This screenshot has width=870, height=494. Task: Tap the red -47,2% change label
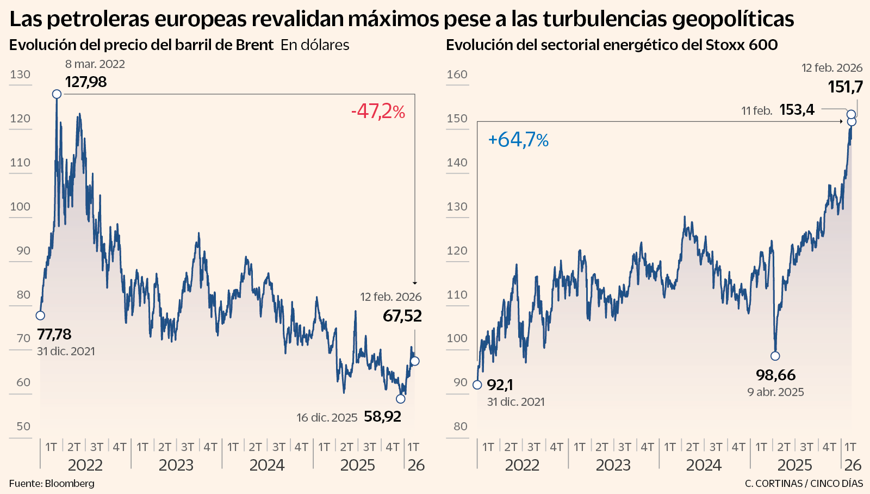point(378,112)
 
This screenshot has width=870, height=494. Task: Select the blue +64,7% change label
point(518,140)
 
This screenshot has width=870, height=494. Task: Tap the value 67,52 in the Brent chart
point(402,316)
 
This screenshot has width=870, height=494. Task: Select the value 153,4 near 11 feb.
point(797,110)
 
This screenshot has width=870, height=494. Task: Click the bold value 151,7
point(845,87)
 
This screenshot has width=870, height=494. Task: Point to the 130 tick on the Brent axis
point(20,75)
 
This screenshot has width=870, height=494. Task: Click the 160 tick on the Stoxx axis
point(457,75)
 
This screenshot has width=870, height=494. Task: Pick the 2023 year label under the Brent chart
point(176,465)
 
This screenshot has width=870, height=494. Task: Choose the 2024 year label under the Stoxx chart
point(704,465)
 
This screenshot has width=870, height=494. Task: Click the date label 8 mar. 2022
point(95,64)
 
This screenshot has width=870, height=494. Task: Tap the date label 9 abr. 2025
point(775,392)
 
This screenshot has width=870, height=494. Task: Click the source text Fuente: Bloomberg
point(52,483)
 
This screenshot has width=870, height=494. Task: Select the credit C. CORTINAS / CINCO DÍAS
point(804,483)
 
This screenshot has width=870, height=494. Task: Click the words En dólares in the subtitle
point(315,45)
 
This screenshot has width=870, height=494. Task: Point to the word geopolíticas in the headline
point(733,20)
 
